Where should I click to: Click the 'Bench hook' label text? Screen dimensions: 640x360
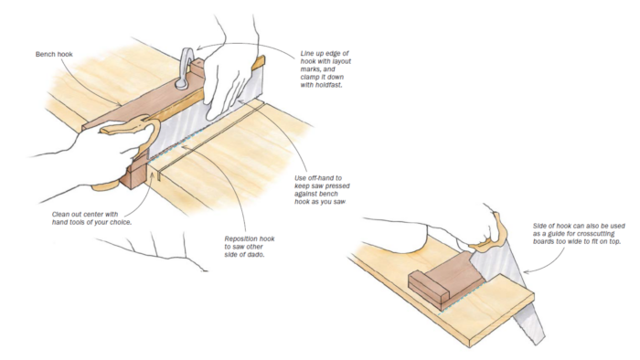tap(54, 54)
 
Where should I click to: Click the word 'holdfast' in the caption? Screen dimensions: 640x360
tap(329, 85)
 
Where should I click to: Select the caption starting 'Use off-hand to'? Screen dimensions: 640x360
tap(322, 190)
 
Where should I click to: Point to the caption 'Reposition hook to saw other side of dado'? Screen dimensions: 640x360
tap(250, 247)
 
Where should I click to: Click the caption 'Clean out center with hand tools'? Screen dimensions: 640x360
tap(91, 218)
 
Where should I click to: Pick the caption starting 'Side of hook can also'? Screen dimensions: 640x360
tap(579, 234)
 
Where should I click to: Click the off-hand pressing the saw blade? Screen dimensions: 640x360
tap(227, 83)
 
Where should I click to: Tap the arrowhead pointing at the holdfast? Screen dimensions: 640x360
tap(197, 49)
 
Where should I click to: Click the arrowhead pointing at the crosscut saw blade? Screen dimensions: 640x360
tap(526, 272)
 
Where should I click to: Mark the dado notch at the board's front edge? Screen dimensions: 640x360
tap(158, 176)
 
